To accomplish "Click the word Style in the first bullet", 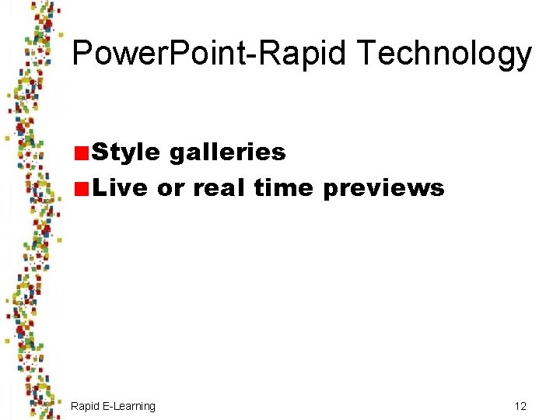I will (126, 152).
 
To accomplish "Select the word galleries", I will (227, 152).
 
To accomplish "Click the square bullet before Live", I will (81, 188).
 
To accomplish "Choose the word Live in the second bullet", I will (120, 188).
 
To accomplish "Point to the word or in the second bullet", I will (171, 188).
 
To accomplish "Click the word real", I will (219, 188).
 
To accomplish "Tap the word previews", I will (383, 188).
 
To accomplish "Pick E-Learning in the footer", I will (129, 406).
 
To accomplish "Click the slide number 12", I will (520, 406).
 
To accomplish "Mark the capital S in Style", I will (100, 152).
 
